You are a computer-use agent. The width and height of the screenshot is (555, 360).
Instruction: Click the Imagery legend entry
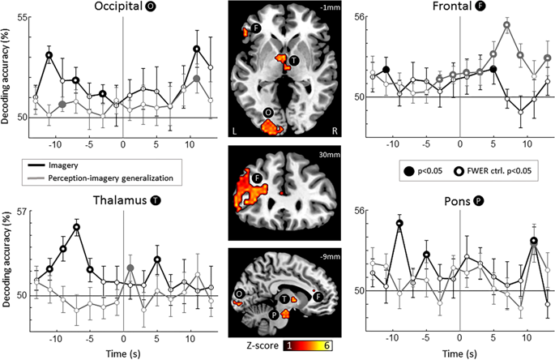[x=63, y=165]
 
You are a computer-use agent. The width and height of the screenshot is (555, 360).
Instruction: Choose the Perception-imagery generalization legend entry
[x=111, y=178]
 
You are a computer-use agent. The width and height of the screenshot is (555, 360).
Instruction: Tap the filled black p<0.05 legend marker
[x=409, y=172]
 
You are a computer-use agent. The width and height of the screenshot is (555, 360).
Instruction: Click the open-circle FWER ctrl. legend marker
[x=458, y=172]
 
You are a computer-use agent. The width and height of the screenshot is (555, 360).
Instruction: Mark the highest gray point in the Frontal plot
[x=507, y=25]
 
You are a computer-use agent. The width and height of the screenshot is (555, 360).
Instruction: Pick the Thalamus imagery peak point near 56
[x=76, y=227]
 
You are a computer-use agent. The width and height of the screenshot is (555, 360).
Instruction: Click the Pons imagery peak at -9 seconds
[x=399, y=223]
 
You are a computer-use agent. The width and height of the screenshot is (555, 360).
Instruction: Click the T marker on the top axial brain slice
[x=293, y=61]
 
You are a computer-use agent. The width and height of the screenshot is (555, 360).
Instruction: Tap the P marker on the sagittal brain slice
[x=274, y=314]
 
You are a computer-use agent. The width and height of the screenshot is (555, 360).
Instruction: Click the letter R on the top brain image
[x=335, y=131]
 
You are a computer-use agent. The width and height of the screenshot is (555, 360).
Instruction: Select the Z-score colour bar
[x=308, y=345]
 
